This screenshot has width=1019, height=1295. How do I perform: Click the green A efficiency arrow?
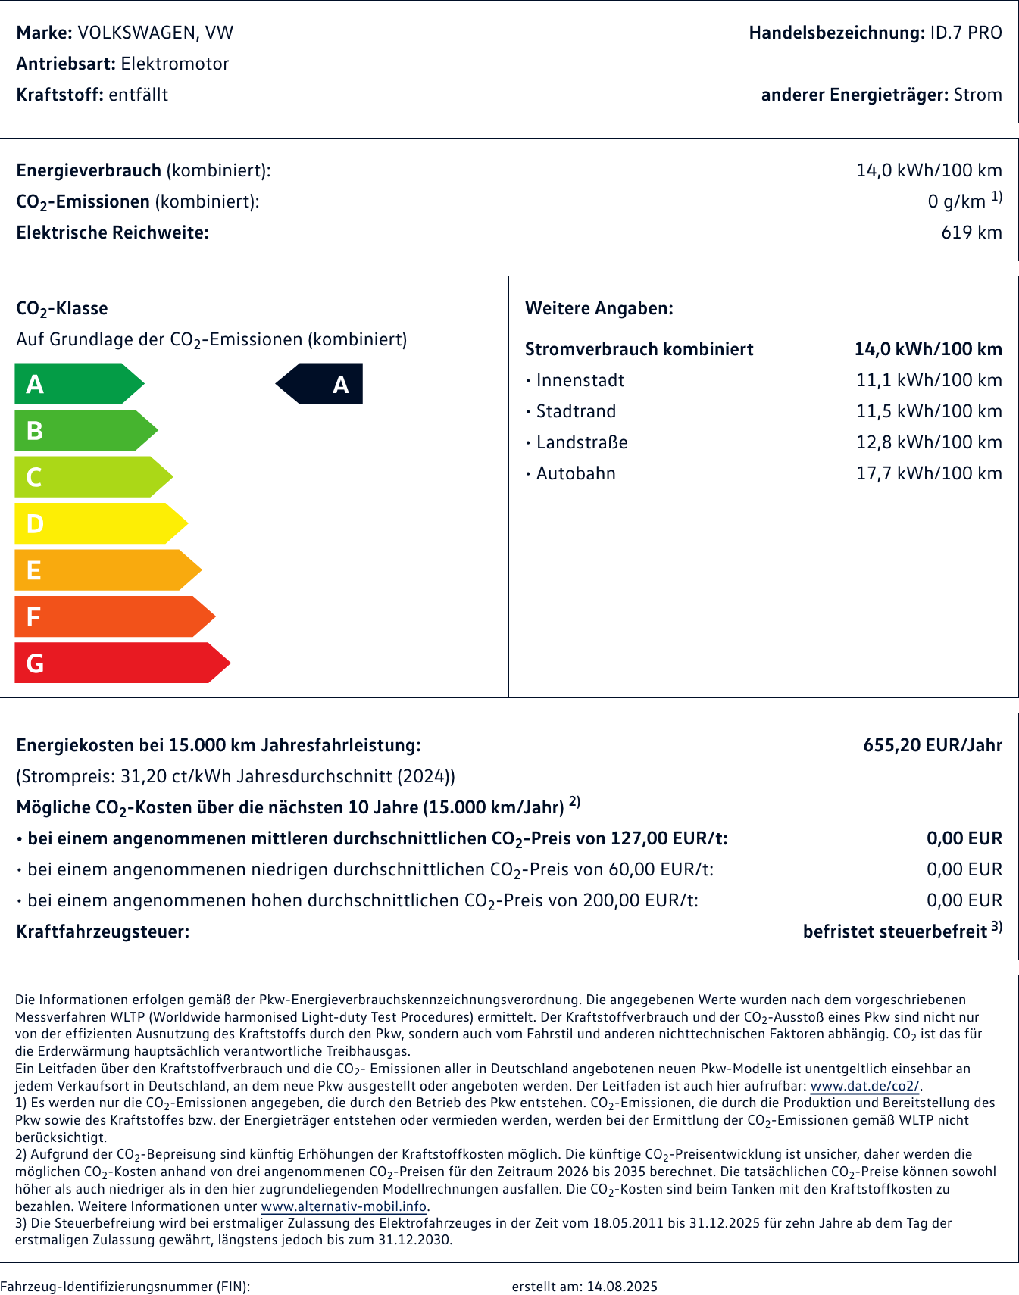76,384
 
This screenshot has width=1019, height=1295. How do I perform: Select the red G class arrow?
117,663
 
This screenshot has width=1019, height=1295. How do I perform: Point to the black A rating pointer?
321,384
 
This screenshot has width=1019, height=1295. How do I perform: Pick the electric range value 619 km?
971,232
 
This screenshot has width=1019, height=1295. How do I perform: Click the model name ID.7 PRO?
965,33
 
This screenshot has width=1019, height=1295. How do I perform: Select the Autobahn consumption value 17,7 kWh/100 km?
929,473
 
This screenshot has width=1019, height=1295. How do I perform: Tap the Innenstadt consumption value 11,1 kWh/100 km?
929,380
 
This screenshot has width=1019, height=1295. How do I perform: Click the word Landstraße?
582,442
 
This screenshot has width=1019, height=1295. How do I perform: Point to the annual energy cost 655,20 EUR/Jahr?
932,745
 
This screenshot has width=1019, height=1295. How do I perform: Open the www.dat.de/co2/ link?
864,1086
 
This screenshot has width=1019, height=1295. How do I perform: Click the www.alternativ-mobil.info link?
344,1206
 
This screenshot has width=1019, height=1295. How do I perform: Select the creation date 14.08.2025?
622,1286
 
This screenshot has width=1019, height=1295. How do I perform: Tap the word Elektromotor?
175,64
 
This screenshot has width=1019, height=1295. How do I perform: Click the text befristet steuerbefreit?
895,931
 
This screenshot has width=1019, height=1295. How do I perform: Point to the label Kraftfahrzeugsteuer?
103,931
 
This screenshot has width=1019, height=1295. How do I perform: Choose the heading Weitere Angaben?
599,308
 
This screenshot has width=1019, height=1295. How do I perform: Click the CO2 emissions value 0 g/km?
956,201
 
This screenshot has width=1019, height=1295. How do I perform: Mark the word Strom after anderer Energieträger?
977,95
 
